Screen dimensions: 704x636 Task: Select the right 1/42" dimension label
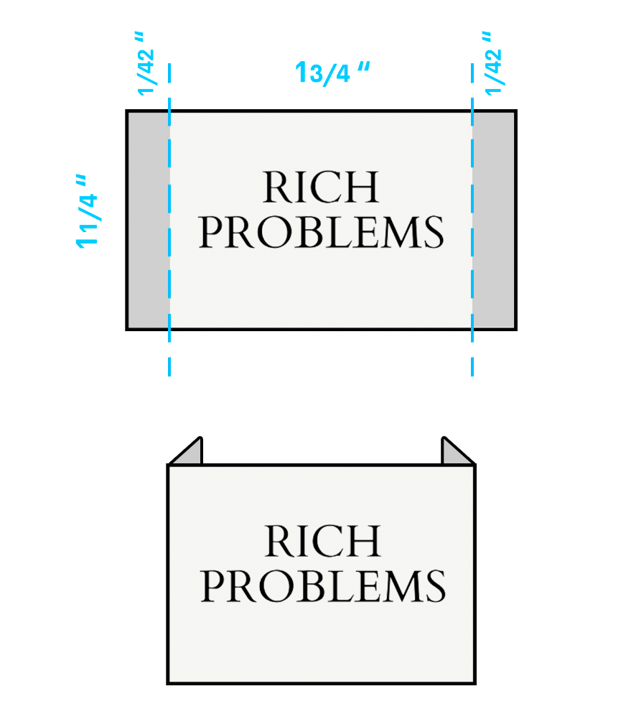pyautogui.click(x=492, y=62)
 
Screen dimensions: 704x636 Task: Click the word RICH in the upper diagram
pyautogui.click(x=320, y=188)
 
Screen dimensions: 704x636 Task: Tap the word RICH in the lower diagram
pyautogui.click(x=322, y=542)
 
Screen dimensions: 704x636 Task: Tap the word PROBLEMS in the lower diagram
pyautogui.click(x=323, y=586)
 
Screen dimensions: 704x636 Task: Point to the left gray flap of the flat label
pyautogui.click(x=149, y=219)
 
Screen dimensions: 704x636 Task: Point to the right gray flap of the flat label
pyautogui.click(x=494, y=219)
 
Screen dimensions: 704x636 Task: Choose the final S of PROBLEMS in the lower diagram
pyautogui.click(x=436, y=586)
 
